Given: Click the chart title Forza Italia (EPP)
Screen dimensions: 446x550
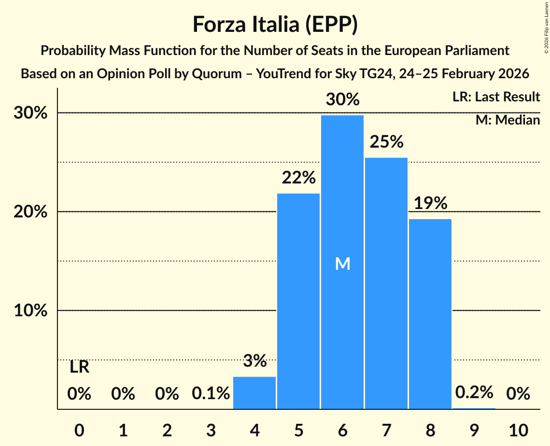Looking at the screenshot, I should (275, 24).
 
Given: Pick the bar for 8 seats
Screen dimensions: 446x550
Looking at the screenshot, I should (430, 314).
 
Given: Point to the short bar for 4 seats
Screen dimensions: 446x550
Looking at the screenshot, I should (254, 393).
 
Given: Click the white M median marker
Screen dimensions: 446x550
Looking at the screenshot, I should (342, 264).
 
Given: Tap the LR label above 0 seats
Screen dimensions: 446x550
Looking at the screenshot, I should (79, 367).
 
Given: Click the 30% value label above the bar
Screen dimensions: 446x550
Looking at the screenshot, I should (342, 100).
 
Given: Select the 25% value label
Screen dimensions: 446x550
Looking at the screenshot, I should (386, 142).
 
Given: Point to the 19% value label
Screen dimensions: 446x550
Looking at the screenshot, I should (430, 203).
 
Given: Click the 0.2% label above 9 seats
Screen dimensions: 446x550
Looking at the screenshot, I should (474, 392).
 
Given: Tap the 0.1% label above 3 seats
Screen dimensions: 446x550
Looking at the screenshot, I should (211, 394).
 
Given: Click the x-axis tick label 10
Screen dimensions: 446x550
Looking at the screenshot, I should (518, 430).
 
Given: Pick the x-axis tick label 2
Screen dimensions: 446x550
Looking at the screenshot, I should (167, 430).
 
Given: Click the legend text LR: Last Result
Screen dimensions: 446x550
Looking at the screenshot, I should (496, 97).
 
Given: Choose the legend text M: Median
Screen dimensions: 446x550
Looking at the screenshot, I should (508, 120).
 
